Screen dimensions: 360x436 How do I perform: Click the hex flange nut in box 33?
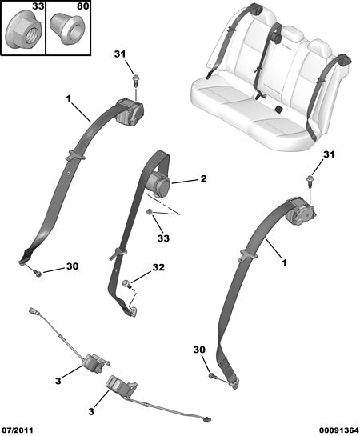24,30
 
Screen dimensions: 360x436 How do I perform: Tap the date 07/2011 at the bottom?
17,430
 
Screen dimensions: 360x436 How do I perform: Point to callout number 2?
203,178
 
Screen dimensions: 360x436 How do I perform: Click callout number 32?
158,267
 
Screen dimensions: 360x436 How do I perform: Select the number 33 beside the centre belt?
163,238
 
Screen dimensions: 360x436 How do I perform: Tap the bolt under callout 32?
126,284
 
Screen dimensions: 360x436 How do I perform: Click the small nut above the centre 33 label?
150,213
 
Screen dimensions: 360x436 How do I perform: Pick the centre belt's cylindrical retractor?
158,185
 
